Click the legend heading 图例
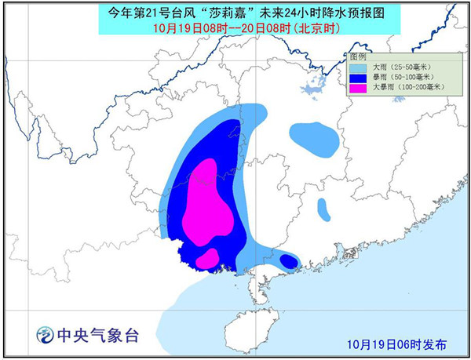pyautogui.click(x=359, y=58)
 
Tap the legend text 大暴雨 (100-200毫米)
pyautogui.click(x=406, y=89)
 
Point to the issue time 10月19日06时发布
pyautogui.click(x=397, y=344)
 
